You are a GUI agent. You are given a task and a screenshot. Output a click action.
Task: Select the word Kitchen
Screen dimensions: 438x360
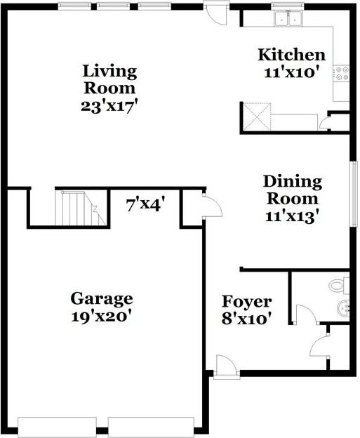pyautogui.click(x=291, y=55)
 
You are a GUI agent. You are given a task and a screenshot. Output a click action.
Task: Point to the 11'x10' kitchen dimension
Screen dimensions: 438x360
pyautogui.click(x=291, y=72)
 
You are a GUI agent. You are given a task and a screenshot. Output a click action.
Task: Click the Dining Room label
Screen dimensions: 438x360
pyautogui.click(x=292, y=190)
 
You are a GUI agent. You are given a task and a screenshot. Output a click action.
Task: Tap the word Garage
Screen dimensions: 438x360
pyautogui.click(x=102, y=299)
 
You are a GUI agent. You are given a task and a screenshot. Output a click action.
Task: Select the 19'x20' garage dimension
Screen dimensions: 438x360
pyautogui.click(x=102, y=317)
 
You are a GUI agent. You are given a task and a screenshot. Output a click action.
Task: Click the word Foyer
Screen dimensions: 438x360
pyautogui.click(x=247, y=302)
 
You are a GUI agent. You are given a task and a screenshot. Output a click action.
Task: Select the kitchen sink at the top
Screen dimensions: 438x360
pyautogui.click(x=287, y=19)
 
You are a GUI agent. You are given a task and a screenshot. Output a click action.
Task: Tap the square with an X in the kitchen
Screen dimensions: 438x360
pyautogui.click(x=257, y=116)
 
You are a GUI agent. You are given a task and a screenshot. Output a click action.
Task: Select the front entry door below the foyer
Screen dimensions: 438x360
pyautogui.click(x=225, y=367)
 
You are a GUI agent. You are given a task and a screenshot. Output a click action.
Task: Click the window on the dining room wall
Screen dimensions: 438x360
pyautogui.click(x=354, y=193)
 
